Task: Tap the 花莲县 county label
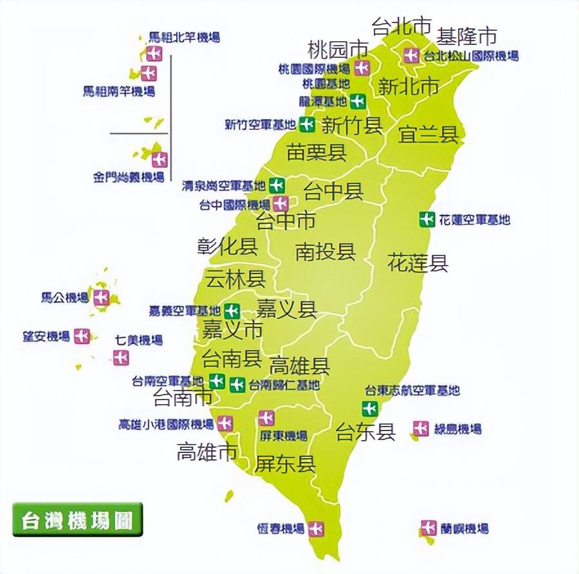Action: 418,263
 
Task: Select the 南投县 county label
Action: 326,252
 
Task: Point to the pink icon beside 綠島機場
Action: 421,428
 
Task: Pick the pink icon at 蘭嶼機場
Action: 428,528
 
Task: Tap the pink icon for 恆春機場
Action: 315,528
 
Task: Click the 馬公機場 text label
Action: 64,297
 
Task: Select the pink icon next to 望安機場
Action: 82,336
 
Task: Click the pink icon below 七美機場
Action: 121,358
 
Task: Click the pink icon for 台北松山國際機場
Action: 411,55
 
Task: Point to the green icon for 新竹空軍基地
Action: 308,124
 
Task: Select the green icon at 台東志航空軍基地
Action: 369,408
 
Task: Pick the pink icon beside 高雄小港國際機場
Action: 225,423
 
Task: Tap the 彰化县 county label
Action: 227,246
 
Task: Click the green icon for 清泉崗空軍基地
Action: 277,185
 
